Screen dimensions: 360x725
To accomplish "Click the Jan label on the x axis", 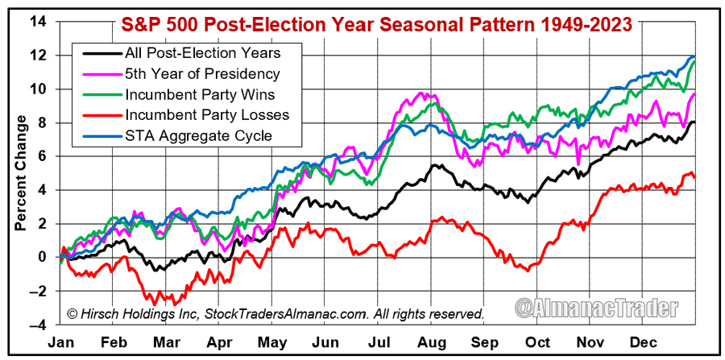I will pos(62,342).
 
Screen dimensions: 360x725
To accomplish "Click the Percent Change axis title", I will pos(19,172).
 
